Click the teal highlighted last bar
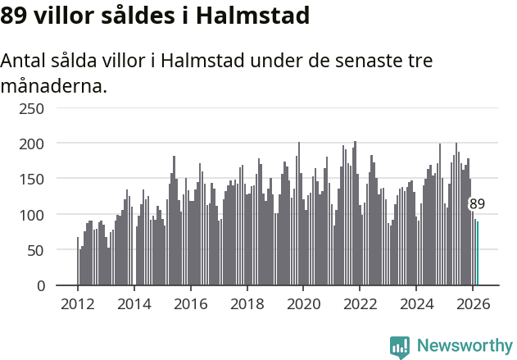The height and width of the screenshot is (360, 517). pos(478,253)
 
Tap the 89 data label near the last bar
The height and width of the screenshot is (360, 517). pos(477,204)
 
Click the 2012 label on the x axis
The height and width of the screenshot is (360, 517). pos(78,303)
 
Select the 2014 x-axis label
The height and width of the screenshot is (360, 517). pos(134,303)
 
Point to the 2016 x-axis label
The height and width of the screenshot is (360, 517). pos(191,303)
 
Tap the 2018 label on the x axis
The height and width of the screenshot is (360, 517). pos(247,303)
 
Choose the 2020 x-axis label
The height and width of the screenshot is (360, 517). pos(303,303)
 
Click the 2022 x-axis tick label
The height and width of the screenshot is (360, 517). pos(360,303)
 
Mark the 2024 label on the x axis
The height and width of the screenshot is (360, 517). pos(416,303)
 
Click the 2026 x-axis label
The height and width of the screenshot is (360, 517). pos(472,303)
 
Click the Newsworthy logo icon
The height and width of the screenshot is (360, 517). pos(400,347)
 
